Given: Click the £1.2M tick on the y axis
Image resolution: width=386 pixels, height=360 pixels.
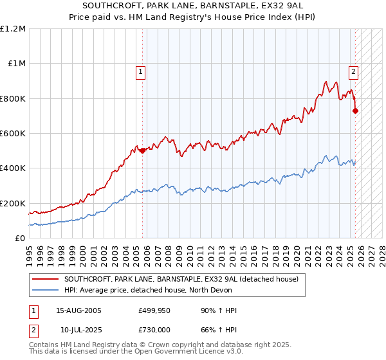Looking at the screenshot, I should point(13,29).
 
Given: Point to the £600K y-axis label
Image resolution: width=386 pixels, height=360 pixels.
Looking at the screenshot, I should point(13,134).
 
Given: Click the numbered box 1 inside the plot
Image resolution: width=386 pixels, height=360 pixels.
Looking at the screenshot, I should point(140,73).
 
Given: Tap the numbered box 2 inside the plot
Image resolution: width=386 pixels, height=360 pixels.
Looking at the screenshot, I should point(353,73).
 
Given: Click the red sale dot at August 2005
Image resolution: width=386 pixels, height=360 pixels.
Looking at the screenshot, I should point(143,151).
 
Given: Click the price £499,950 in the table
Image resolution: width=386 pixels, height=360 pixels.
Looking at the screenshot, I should point(155,311).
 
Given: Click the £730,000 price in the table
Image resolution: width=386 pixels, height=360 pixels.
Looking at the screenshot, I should point(155,329).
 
